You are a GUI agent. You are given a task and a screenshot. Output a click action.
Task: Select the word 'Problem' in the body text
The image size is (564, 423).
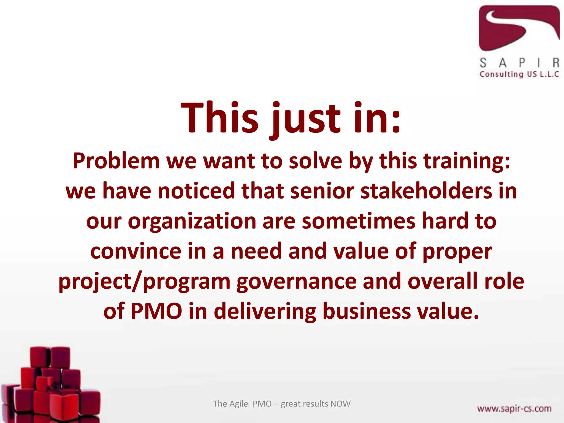point(116,161)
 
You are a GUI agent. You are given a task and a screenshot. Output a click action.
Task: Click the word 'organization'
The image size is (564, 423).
point(192,221)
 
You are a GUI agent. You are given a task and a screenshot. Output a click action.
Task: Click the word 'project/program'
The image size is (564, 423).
point(144,281)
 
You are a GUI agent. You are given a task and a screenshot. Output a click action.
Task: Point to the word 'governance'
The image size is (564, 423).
point(296,281)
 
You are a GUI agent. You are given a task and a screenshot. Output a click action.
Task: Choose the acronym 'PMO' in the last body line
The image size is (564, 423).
point(156,311)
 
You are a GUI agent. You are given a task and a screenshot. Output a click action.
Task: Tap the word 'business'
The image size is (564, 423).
point(367,311)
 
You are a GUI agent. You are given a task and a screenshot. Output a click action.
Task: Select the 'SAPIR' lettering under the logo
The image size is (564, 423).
point(519,63)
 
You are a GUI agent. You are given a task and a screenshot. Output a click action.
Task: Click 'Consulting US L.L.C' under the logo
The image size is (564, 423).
point(519,74)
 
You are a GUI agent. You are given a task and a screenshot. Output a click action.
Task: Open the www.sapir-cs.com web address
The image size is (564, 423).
point(514,409)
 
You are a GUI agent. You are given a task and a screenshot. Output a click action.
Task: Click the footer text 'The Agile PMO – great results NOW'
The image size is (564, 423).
point(281,404)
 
